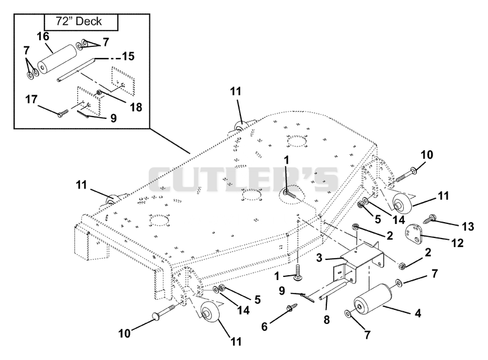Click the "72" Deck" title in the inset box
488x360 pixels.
[79, 21]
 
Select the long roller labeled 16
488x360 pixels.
[57, 59]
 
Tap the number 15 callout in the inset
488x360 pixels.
[128, 56]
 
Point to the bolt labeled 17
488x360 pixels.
[63, 113]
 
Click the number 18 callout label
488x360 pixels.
[136, 107]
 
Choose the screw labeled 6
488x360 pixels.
[291, 308]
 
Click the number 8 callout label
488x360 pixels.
[326, 320]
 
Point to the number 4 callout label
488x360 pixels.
[418, 312]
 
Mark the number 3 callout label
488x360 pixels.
[319, 257]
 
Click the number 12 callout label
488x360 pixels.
[457, 243]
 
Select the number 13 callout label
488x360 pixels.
[467, 226]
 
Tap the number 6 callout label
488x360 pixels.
[264, 326]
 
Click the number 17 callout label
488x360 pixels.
[31, 99]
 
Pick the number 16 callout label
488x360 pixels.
[43, 37]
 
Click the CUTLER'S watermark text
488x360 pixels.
[243, 179]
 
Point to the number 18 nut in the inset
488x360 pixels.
[99, 93]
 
